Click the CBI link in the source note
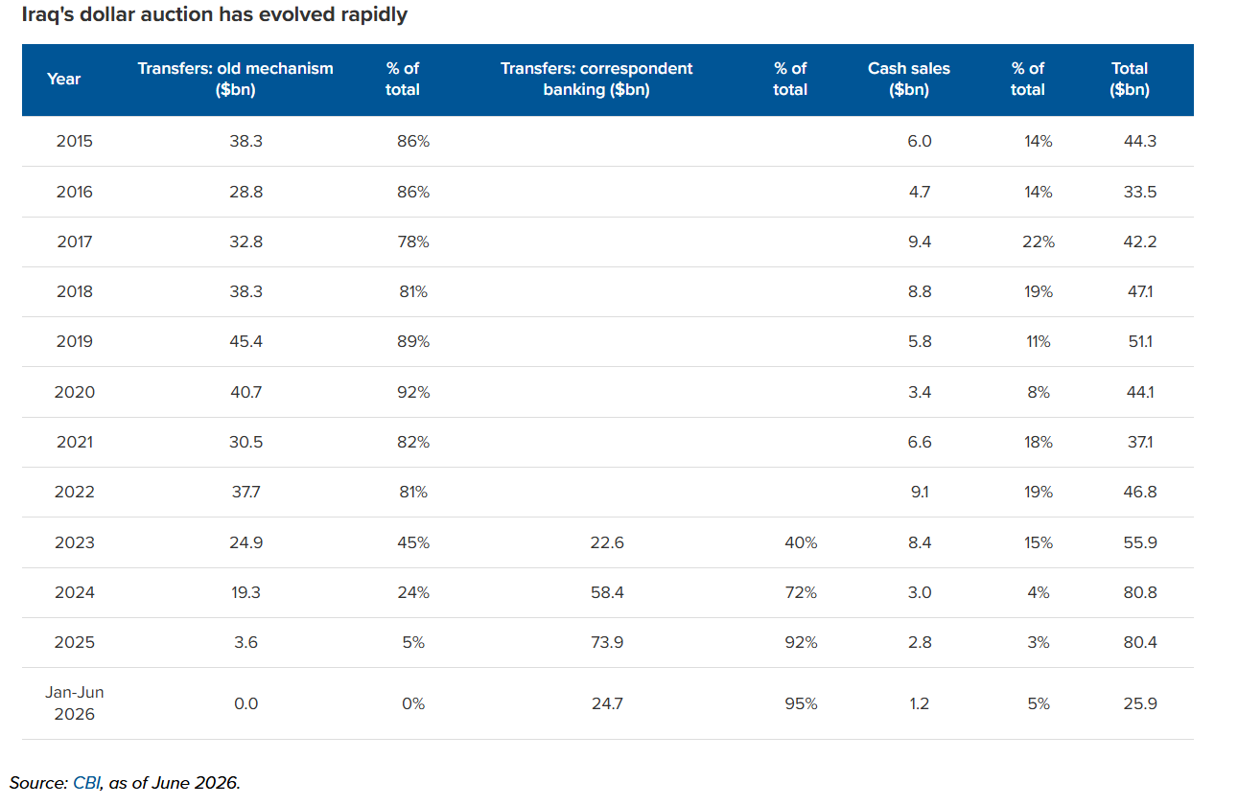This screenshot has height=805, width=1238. (86, 783)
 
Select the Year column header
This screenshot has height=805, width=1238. (63, 79)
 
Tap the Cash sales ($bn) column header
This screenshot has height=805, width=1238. (909, 79)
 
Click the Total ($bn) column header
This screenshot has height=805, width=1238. (1129, 79)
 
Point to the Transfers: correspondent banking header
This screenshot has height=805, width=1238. (596, 79)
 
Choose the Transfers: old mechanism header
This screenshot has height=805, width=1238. (236, 79)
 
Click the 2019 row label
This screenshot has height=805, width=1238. (75, 341)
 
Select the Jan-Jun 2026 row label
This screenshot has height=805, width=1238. (75, 703)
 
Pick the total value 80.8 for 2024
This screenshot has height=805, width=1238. (1139, 592)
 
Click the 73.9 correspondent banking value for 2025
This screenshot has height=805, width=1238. (607, 642)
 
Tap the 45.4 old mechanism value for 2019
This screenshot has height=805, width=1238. (245, 341)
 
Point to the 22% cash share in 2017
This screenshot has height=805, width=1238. (1039, 242)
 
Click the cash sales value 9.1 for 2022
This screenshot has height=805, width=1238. (920, 492)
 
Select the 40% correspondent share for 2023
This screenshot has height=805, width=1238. (801, 542)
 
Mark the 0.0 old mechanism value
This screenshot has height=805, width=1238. (245, 703)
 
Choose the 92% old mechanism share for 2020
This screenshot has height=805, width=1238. (413, 392)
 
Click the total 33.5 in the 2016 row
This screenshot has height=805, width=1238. (1139, 192)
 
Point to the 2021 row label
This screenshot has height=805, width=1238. (75, 442)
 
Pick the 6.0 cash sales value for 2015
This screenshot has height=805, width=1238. (920, 141)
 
